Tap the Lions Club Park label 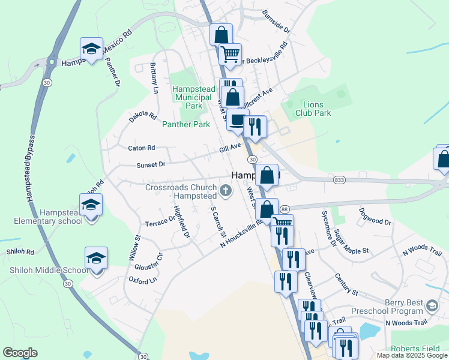point(313,108)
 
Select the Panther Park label point(186,124)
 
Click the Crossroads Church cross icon point(226,191)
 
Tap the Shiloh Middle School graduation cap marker point(96,259)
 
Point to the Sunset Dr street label point(150,164)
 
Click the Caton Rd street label point(142,148)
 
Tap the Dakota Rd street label point(142,117)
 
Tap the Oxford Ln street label point(142,280)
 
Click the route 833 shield point(339,179)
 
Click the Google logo point(20,352)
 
